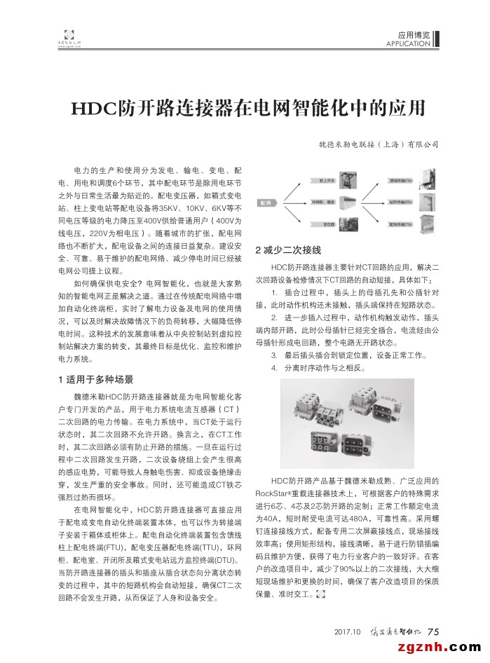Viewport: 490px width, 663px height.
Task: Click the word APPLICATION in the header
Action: (408, 44)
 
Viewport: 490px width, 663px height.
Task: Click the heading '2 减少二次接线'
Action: (288, 250)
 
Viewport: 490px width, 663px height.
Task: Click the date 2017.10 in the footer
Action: (348, 631)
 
